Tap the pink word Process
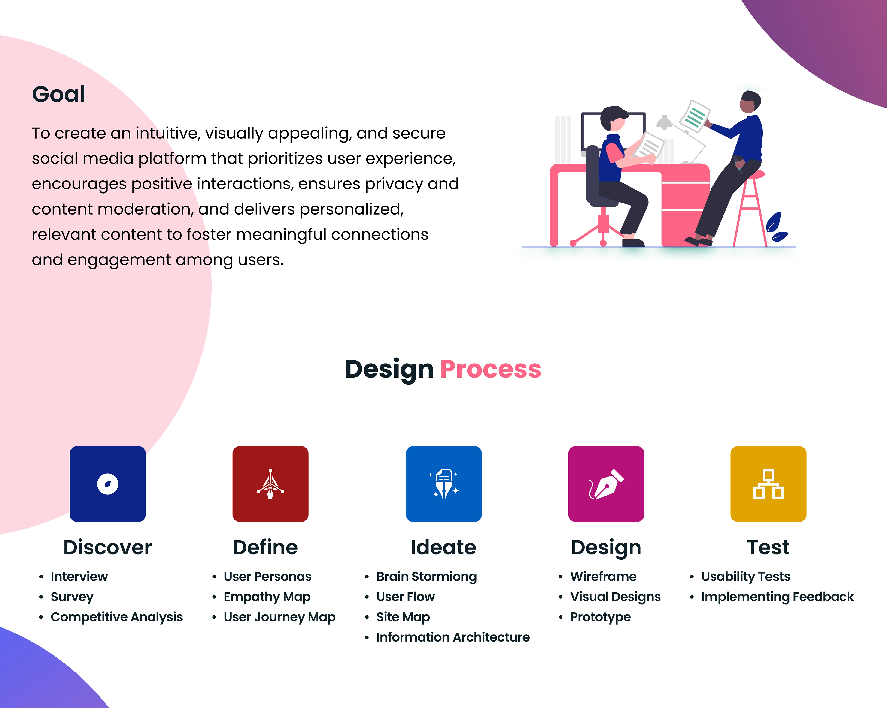click(x=490, y=369)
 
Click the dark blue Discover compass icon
click(x=108, y=484)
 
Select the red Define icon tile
click(x=270, y=484)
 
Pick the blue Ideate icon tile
click(x=443, y=484)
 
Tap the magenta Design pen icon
click(x=606, y=484)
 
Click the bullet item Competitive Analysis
click(x=116, y=617)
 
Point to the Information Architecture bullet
click(x=453, y=637)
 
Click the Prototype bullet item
click(x=600, y=617)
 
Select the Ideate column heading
click(x=443, y=547)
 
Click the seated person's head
click(x=614, y=118)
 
